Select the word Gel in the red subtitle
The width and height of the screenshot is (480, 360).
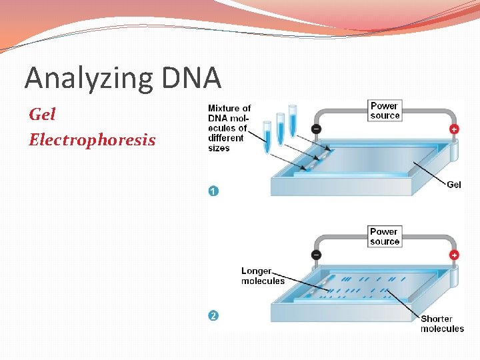tap(43, 115)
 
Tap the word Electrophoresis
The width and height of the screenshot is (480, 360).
tap(92, 140)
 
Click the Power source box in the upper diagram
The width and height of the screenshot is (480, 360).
tap(385, 111)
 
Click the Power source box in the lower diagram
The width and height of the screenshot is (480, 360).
tap(385, 237)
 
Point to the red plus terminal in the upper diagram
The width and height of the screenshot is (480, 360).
tap(454, 129)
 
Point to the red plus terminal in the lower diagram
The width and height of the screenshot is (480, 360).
tap(454, 255)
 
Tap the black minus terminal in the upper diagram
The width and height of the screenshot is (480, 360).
tap(315, 129)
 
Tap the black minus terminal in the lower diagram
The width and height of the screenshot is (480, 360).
tap(315, 255)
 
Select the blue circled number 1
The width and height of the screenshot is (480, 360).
tap(213, 191)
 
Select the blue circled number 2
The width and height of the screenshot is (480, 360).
tap(213, 315)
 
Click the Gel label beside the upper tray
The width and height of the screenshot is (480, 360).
tap(453, 185)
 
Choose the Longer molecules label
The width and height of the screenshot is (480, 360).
tap(262, 276)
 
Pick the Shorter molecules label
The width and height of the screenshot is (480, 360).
tap(441, 323)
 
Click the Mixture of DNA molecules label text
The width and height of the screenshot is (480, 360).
tap(229, 127)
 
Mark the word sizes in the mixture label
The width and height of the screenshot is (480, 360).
tap(219, 148)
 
